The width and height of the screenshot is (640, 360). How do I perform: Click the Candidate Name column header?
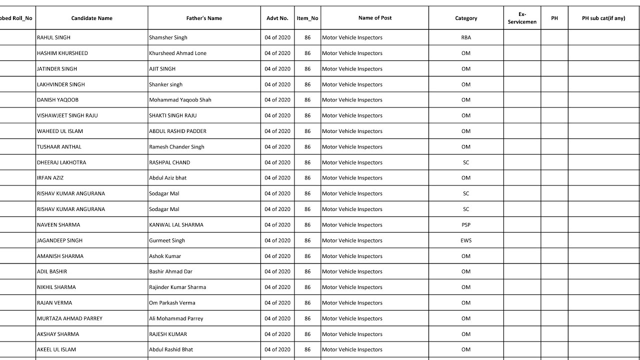91,18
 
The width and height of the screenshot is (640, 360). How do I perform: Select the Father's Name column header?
204,18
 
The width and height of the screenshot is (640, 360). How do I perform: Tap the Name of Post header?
374,17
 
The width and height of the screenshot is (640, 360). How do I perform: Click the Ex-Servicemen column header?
521,18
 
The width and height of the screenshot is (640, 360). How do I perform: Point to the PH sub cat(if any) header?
603,18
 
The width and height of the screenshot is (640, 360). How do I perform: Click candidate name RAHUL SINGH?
53,37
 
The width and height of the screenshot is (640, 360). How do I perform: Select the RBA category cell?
465,37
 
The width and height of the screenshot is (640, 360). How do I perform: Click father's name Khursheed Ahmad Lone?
177,53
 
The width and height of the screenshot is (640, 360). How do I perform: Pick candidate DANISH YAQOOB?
57,100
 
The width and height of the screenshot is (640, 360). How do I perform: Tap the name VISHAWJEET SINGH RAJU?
67,115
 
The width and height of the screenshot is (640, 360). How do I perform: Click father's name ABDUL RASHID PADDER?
177,131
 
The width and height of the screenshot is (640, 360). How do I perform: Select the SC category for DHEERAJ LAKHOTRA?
465,162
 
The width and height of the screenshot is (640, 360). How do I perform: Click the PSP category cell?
465,225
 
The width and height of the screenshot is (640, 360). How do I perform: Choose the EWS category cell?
465,240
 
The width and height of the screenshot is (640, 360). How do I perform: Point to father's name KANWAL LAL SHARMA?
176,225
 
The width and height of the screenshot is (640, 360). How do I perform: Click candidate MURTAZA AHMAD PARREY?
69,318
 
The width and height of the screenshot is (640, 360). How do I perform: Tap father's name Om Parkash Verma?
172,303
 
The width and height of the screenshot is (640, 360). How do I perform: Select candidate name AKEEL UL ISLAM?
56,349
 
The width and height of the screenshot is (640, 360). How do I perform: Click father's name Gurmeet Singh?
167,240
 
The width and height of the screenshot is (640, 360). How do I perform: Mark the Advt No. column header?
277,18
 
